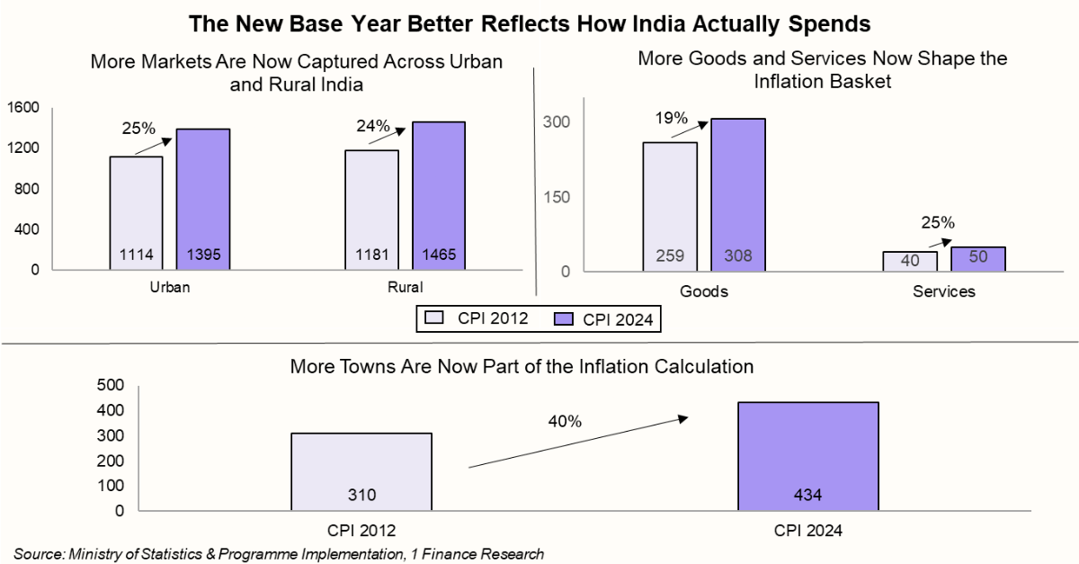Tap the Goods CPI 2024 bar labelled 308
pos(738,193)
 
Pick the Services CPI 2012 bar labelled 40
pos(910,260)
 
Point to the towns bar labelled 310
pos(361,470)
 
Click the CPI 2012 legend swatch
pos(433,318)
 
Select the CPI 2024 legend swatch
pos(564,318)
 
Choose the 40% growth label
pos(565,421)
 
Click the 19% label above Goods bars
pos(671,118)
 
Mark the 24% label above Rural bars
pos(373,127)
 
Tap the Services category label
pos(943,292)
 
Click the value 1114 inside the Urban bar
pos(137,255)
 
